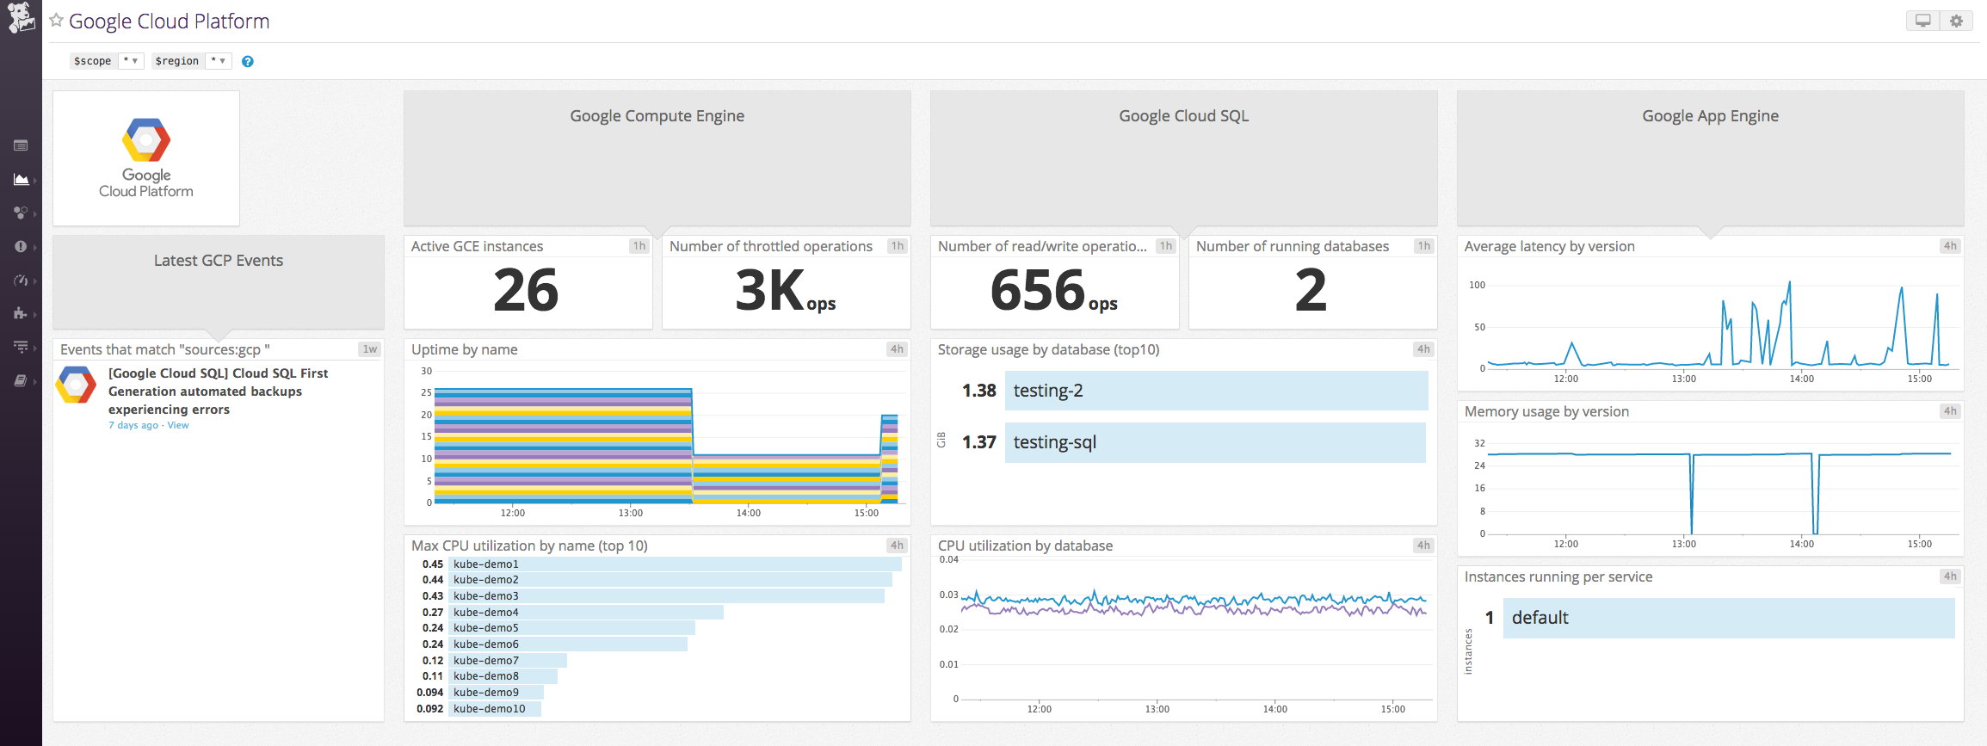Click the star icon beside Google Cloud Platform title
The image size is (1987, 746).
tap(57, 21)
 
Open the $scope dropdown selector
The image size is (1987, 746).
tap(131, 61)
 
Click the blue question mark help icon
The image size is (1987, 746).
tap(248, 61)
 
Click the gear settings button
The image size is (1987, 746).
tap(1956, 21)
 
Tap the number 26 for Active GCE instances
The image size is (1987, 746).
tap(526, 290)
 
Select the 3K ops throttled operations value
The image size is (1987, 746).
tap(784, 291)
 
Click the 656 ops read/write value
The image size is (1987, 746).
tap(1052, 291)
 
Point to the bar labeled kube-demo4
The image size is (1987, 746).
tap(585, 613)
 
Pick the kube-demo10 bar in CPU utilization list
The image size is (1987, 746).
tap(495, 709)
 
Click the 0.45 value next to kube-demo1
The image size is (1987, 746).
tap(433, 564)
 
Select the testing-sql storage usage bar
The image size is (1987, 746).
tap(1214, 442)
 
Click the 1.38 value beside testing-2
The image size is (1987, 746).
tap(978, 391)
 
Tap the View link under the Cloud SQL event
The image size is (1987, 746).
tap(178, 425)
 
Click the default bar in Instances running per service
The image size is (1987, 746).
tap(1728, 618)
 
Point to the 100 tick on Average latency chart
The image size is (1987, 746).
tap(1477, 285)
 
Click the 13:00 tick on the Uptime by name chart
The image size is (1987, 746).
tap(630, 513)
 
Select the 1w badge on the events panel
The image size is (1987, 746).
tap(370, 349)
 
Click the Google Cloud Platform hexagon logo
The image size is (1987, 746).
tap(146, 139)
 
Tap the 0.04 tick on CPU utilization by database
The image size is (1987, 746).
tap(948, 559)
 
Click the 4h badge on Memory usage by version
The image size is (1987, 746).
tap(1950, 411)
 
